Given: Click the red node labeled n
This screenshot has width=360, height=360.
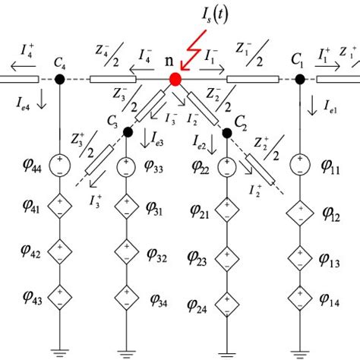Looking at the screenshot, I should point(176,79).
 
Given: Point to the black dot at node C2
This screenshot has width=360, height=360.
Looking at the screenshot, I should point(226,132).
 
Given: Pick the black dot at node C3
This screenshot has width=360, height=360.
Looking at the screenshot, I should point(126,132).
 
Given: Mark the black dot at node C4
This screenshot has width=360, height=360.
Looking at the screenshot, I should point(59,79).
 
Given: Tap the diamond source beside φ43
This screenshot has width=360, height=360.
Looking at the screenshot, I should point(59,295).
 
